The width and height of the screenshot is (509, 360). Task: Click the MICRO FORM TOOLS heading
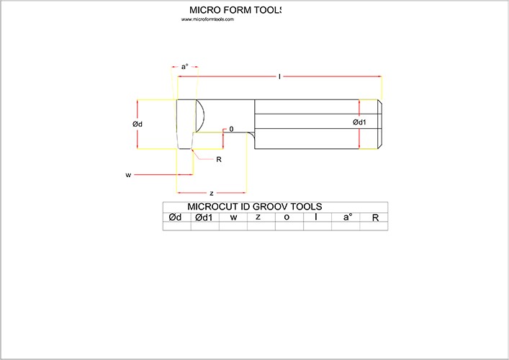[x=235, y=10]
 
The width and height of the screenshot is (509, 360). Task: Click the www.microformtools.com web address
[x=207, y=19]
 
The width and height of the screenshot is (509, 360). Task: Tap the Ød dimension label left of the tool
[x=138, y=124]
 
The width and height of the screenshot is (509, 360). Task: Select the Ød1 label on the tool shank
[x=360, y=122]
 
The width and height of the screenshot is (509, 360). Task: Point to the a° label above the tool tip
[x=184, y=66]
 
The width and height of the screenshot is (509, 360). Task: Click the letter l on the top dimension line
[x=279, y=75]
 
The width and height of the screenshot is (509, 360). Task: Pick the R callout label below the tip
[x=219, y=158]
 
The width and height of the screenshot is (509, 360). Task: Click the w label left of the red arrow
[x=128, y=174]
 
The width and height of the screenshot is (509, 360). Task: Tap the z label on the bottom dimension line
[x=211, y=193]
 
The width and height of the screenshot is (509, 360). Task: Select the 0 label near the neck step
[x=231, y=129]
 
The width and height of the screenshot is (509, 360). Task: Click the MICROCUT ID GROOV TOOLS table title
[x=254, y=207]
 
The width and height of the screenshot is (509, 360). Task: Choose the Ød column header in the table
[x=176, y=217]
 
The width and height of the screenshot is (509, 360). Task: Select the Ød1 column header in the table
[x=204, y=217]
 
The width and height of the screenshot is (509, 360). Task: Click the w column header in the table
[x=233, y=217]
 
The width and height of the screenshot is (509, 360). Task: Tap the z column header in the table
[x=261, y=217]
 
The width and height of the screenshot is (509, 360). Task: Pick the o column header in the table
[x=289, y=217]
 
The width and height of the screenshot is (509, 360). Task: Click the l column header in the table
[x=317, y=217]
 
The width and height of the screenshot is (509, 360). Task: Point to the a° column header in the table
[x=346, y=217]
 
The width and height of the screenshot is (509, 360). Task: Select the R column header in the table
[x=374, y=217]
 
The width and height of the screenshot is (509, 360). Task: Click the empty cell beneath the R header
[x=374, y=226]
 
